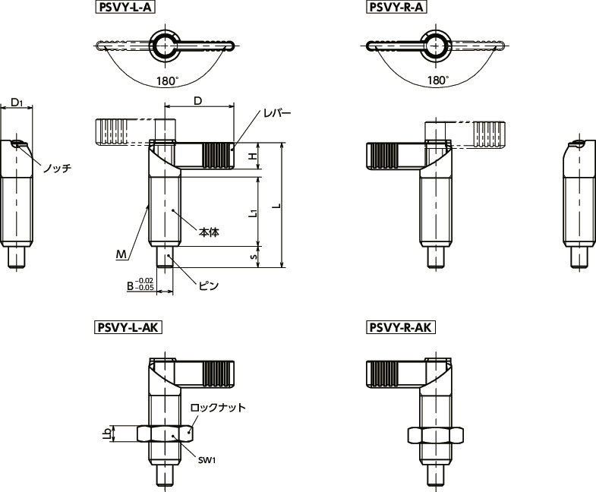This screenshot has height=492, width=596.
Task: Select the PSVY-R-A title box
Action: [x=396, y=8]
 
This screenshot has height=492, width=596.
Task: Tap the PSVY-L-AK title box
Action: [x=128, y=328]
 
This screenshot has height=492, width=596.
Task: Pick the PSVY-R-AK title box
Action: [x=401, y=328]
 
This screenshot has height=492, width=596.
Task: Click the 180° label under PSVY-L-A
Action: [x=168, y=81]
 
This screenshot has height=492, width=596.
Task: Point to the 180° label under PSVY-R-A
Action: [x=438, y=80]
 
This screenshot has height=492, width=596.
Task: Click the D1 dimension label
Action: [x=17, y=102]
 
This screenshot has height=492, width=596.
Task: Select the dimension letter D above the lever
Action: [x=198, y=101]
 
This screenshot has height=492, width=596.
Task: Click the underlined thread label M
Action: [x=121, y=255]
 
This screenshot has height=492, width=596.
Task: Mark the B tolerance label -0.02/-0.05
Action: [x=140, y=285]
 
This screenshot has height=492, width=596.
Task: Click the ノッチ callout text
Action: [x=57, y=168]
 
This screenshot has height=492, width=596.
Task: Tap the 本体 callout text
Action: [x=209, y=232]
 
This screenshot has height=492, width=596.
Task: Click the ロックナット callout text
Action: [x=218, y=408]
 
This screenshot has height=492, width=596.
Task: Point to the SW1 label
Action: [x=207, y=460]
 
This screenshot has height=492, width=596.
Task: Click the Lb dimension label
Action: [x=108, y=434]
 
